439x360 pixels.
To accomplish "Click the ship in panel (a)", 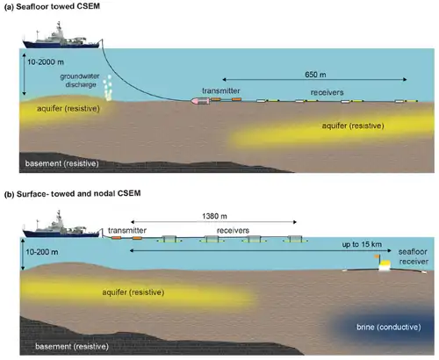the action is [61, 37].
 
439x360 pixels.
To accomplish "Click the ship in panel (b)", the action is [61, 226].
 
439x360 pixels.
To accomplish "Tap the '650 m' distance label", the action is [315, 75].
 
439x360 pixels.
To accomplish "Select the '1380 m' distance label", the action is [214, 216].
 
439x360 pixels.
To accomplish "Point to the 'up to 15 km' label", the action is [362, 244].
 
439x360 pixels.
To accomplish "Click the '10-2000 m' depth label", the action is [46, 62].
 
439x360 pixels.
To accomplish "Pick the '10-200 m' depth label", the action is [42, 252].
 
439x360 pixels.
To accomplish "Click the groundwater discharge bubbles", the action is [108, 88].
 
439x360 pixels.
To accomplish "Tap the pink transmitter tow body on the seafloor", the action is [200, 101].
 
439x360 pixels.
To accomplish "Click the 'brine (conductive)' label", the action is [389, 327].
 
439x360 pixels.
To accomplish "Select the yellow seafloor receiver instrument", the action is [385, 265].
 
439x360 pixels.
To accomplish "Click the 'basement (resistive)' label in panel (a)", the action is [61, 163].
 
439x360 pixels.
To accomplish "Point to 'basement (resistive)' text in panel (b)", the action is [72, 347].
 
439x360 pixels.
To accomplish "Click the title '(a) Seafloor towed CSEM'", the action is [52, 6].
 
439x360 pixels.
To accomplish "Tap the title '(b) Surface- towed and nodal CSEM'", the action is [73, 193].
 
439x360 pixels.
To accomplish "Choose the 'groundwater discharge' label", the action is [80, 81].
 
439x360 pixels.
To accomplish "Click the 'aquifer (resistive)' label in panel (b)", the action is [133, 292].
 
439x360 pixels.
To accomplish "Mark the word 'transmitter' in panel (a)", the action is [221, 91].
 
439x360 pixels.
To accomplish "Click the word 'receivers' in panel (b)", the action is [233, 231].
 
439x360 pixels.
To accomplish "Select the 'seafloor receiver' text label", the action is [414, 256].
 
